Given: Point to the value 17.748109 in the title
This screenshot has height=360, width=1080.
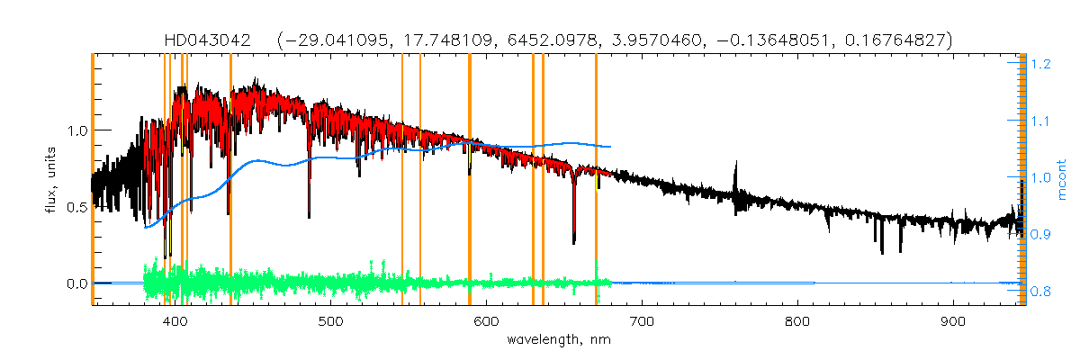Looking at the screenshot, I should tap(459, 40).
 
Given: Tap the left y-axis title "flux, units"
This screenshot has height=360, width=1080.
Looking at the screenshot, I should tap(52, 181).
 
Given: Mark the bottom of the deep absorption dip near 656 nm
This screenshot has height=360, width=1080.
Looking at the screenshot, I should tap(574, 241).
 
